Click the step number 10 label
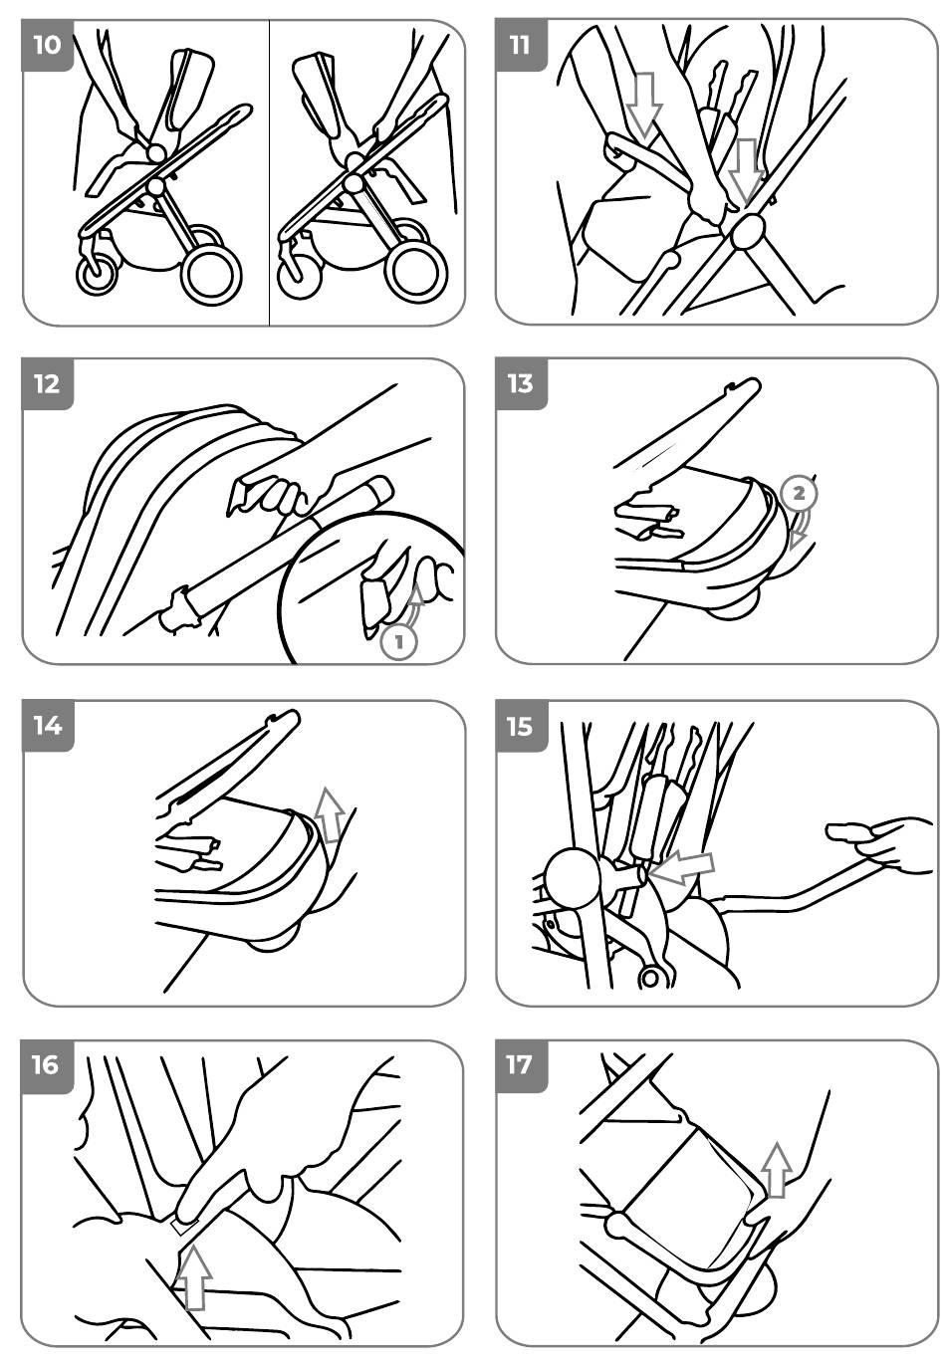pyautogui.click(x=47, y=45)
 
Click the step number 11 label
pyautogui.click(x=520, y=45)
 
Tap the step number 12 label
pyautogui.click(x=47, y=384)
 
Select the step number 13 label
pyautogui.click(x=520, y=384)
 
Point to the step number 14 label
pyautogui.click(x=47, y=726)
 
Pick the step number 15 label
pyautogui.click(x=520, y=726)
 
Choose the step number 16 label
pyautogui.click(x=47, y=1066)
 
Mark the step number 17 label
pyautogui.click(x=520, y=1066)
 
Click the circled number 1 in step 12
pyautogui.click(x=399, y=642)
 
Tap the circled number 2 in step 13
pyautogui.click(x=799, y=493)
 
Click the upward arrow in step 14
pyautogui.click(x=329, y=813)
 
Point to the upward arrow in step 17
pyautogui.click(x=777, y=1170)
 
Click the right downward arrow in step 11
pyautogui.click(x=745, y=169)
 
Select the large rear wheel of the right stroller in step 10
pyautogui.click(x=416, y=272)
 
